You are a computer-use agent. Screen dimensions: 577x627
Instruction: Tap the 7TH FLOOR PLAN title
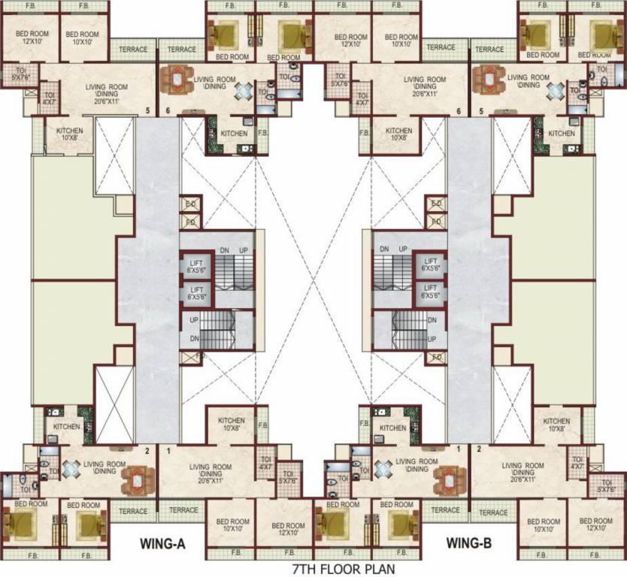click(337, 569)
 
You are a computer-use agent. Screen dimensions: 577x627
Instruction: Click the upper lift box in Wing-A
click(196, 264)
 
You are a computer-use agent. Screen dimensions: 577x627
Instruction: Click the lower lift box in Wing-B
click(431, 292)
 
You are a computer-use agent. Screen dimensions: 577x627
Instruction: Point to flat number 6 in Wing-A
click(168, 111)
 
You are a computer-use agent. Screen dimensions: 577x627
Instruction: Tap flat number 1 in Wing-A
click(168, 451)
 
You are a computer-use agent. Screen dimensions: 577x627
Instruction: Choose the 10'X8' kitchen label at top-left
click(69, 134)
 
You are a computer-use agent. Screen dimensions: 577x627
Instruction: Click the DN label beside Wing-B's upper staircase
click(384, 249)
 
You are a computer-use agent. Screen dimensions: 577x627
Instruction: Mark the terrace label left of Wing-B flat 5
click(441, 47)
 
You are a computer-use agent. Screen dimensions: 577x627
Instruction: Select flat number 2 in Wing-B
click(479, 449)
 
